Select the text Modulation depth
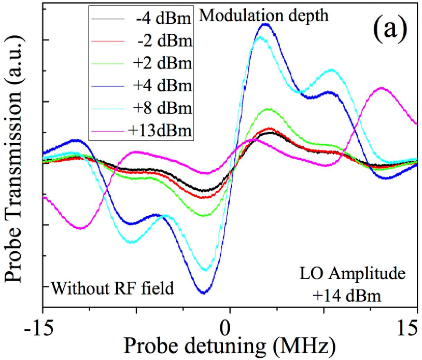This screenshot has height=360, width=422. coord(264,16)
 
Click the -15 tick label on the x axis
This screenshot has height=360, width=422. coord(42,329)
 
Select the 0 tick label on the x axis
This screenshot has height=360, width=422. coord(225,329)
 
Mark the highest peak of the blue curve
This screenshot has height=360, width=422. coord(265,24)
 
